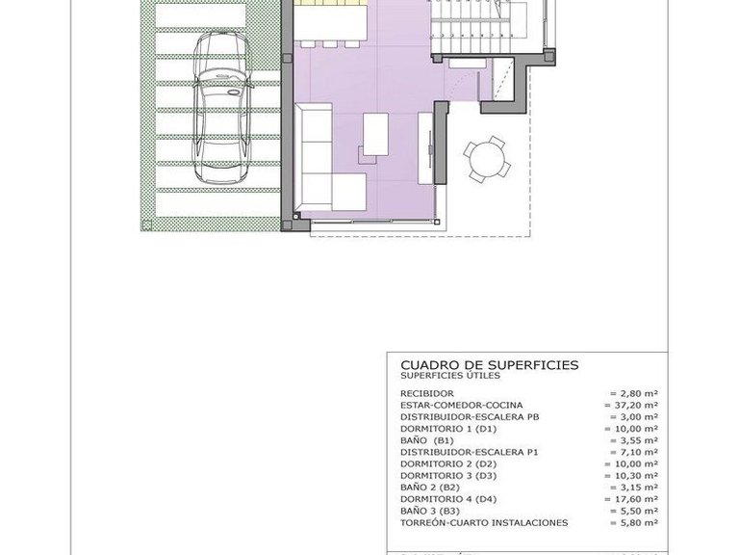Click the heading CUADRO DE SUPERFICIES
[489, 365]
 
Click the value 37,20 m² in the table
[634, 406]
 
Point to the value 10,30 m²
[634, 475]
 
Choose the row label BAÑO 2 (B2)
[432, 487]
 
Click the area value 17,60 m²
[634, 498]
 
